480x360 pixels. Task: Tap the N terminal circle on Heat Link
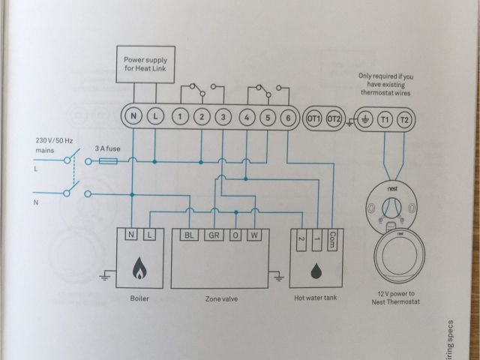click(133, 115)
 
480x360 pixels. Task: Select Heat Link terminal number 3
click(223, 116)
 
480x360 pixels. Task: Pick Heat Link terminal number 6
click(289, 117)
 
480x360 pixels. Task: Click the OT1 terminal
click(313, 118)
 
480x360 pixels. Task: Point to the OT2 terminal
click(334, 118)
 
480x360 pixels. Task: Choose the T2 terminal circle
click(405, 118)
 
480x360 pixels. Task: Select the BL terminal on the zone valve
click(189, 235)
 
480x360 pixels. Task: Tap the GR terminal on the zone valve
click(213, 235)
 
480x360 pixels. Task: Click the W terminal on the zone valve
click(255, 235)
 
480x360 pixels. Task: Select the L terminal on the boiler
click(150, 235)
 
